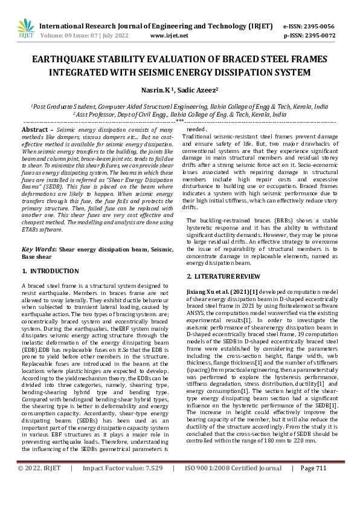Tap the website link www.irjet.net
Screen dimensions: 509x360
tap(169, 36)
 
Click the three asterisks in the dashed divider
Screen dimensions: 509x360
tap(179, 122)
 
